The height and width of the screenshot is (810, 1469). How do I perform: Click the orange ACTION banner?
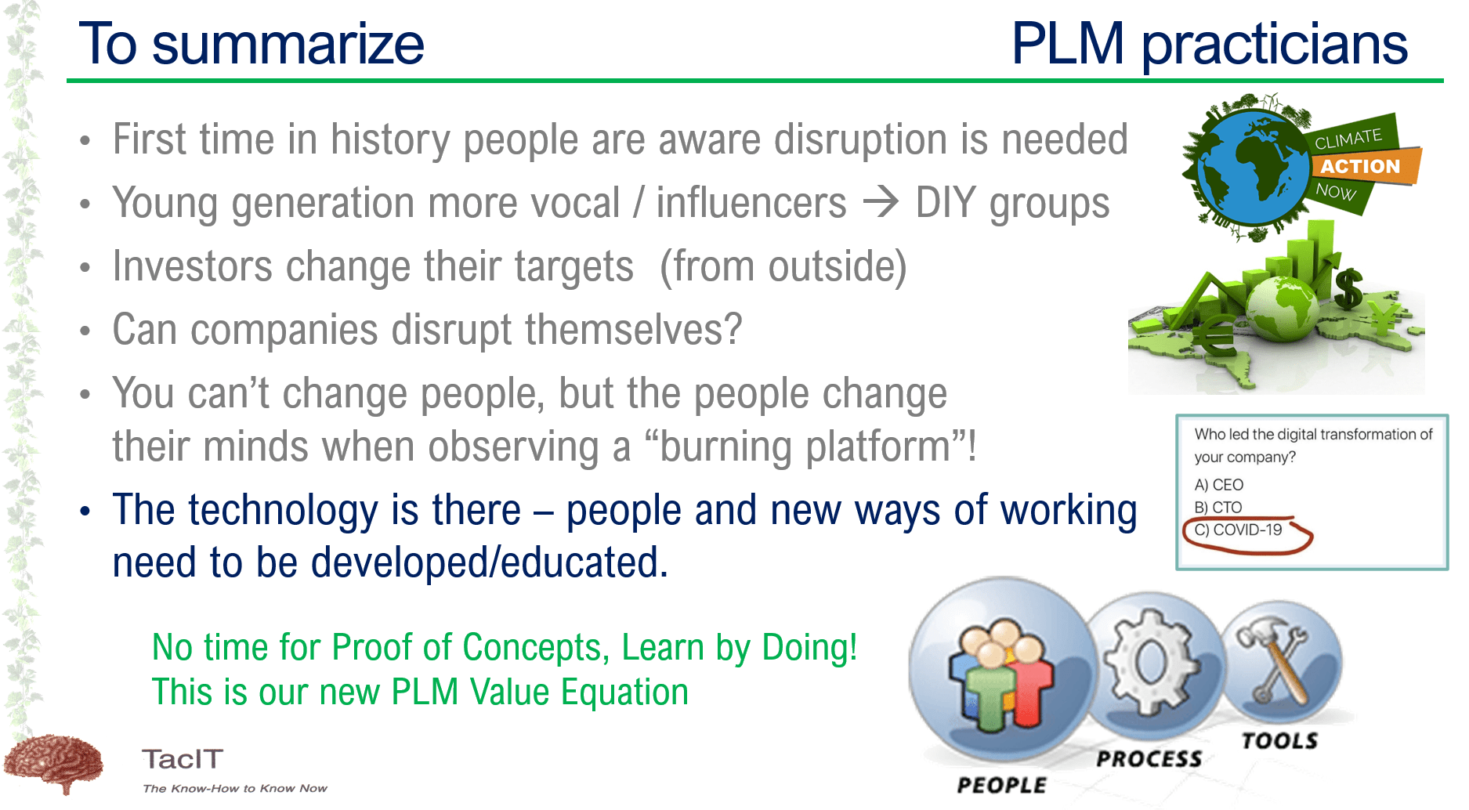(x=1362, y=165)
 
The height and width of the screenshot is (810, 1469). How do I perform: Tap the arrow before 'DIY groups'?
(x=881, y=203)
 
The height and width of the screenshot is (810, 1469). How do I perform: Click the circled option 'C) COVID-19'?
(x=1238, y=530)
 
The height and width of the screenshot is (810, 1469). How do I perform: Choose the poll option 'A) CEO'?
(x=1218, y=485)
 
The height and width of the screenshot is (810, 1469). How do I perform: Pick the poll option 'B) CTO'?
(x=1218, y=508)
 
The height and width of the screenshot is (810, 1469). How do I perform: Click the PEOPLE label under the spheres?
(x=1001, y=785)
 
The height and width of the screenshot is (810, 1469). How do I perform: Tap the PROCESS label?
(x=1149, y=758)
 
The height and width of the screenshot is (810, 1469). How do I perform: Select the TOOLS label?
(x=1279, y=740)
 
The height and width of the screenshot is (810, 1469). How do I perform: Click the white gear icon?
(x=1151, y=662)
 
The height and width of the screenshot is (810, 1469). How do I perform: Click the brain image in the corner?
(x=53, y=762)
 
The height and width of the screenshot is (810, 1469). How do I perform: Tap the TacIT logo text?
(x=183, y=759)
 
